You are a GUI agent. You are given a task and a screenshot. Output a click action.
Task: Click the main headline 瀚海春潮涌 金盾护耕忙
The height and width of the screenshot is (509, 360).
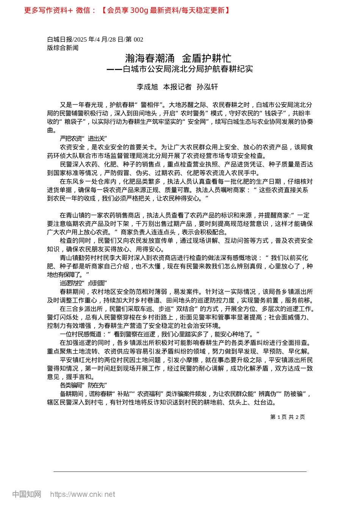point(178,58)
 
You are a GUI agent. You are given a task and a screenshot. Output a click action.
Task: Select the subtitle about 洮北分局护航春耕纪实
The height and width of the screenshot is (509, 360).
point(180,69)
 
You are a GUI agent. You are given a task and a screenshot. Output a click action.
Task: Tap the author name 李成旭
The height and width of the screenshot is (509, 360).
point(147,87)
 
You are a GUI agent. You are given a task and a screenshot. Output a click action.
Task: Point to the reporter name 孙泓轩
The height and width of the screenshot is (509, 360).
point(207,87)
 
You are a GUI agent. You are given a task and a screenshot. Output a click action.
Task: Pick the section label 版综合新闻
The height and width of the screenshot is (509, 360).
point(63,48)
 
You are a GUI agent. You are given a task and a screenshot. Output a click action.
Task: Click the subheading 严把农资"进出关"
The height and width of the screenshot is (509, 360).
point(83,139)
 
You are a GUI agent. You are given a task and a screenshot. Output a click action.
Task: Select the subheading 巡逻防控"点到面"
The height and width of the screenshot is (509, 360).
point(83,283)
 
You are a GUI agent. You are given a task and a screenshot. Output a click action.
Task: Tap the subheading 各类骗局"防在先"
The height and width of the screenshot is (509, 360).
point(83,385)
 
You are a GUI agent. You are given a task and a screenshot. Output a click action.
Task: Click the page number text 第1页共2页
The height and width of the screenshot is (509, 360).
point(287,417)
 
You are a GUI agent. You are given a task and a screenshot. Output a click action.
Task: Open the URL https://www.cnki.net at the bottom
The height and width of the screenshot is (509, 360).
point(82,494)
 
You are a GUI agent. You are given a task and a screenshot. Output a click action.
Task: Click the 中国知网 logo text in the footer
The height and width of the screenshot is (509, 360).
point(27,494)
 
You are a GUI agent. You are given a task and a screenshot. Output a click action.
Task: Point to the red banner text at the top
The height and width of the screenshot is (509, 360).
point(127,10)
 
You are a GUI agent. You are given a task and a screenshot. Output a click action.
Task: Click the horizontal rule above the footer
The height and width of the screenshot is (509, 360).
point(180,472)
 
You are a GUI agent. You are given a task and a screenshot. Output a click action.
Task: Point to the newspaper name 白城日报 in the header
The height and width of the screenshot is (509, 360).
point(59,39)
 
